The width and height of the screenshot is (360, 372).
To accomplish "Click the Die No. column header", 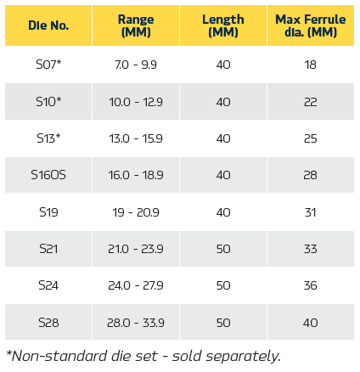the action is [48, 25].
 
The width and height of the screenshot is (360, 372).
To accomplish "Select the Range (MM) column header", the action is [136, 25].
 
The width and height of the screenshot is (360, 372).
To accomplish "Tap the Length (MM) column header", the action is [223, 25].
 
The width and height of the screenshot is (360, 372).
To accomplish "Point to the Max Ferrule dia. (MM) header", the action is [311, 25].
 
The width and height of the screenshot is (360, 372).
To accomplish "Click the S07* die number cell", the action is [48, 65].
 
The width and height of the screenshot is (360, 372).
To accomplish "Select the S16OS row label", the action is [48, 175].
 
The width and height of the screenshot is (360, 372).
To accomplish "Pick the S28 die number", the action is [48, 323].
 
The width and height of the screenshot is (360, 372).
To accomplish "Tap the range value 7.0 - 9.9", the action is [136, 65].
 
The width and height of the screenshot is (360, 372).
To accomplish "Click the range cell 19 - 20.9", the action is [136, 212].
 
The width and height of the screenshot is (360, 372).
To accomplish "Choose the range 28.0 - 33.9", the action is [136, 323].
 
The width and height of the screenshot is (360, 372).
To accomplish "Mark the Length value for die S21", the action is [223, 249].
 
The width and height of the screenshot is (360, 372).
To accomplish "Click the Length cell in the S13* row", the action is [223, 138].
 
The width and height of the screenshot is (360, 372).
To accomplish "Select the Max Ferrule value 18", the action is [311, 65].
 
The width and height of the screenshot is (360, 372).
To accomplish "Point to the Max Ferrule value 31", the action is [311, 212].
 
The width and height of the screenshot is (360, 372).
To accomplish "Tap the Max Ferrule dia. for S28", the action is [311, 323].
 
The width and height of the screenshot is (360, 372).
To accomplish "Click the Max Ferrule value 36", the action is [311, 285].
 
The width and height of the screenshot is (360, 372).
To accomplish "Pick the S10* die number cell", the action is [48, 102].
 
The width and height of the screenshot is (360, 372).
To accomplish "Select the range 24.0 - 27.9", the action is [136, 285].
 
